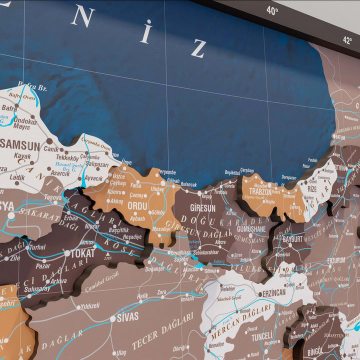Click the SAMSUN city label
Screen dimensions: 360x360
[20, 146]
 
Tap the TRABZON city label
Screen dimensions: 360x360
[260, 191]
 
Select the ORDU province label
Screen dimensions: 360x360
[137, 205]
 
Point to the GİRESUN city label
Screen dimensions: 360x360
[202, 207]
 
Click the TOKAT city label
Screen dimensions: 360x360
[82, 253]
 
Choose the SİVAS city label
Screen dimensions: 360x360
[127, 316]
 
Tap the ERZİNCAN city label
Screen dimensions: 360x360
[274, 292]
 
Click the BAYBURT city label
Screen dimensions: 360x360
[293, 239]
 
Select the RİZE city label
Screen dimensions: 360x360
[312, 189]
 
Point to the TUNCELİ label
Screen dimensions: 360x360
[261, 337]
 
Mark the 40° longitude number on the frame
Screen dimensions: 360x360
[272, 10]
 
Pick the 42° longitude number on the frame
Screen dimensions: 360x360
[347, 40]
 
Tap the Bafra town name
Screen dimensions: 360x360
[9, 107]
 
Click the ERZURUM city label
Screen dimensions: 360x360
[336, 260]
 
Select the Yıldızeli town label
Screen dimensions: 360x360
[90, 305]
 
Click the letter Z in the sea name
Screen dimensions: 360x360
[198, 48]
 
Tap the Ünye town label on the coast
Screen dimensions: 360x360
[126, 162]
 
